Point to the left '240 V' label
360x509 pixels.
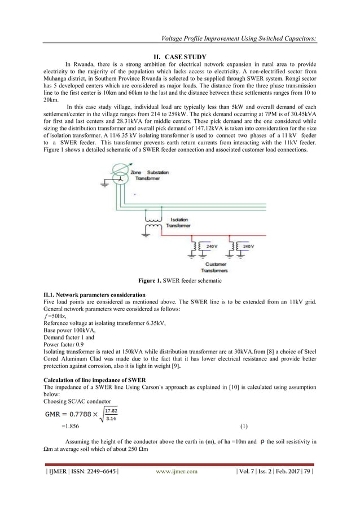[211, 247]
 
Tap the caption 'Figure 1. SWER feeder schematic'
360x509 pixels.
[180, 280]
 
